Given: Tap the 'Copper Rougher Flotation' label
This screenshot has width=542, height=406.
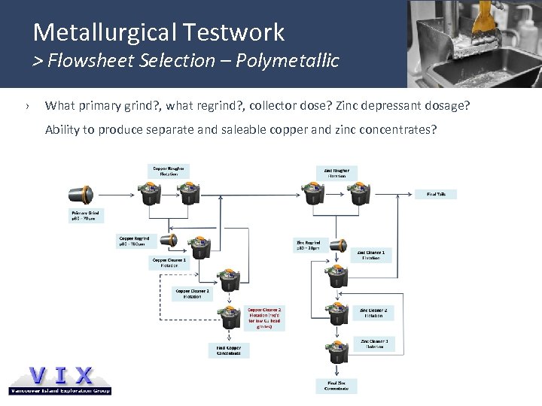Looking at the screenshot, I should (169, 171).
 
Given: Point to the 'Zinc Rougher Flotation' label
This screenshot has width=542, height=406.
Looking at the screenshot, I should (336, 172).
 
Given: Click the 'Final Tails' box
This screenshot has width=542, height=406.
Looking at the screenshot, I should (436, 193).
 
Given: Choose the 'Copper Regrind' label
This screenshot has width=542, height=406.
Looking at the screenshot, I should (133, 241).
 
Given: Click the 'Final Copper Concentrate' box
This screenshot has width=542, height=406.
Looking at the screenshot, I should (225, 350).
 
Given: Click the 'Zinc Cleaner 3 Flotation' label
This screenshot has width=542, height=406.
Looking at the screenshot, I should (373, 344).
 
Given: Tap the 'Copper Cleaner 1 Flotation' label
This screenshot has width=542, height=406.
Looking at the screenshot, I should (169, 262).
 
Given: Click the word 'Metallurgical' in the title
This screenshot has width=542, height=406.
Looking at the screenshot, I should (102, 32).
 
